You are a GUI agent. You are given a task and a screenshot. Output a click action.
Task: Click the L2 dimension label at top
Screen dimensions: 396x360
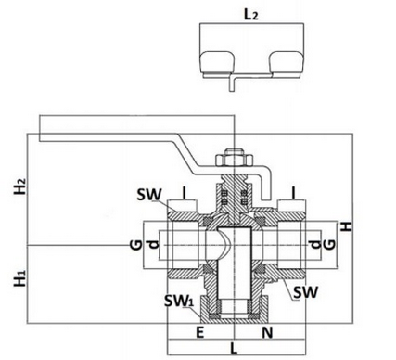tap(250, 15)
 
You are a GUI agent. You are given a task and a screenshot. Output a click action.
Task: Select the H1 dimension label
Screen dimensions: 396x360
tap(20, 277)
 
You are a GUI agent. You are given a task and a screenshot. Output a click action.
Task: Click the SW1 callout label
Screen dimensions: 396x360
tap(179, 301)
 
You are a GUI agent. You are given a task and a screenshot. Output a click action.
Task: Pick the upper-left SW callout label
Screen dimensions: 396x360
tap(149, 195)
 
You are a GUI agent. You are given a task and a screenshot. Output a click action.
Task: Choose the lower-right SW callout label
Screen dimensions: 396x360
tap(305, 292)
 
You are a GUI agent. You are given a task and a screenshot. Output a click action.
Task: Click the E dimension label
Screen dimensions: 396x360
tap(200, 333)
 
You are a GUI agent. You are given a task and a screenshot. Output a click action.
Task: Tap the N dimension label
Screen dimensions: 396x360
tap(268, 333)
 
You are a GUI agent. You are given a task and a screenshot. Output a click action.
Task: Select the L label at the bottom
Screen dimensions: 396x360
tap(234, 349)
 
